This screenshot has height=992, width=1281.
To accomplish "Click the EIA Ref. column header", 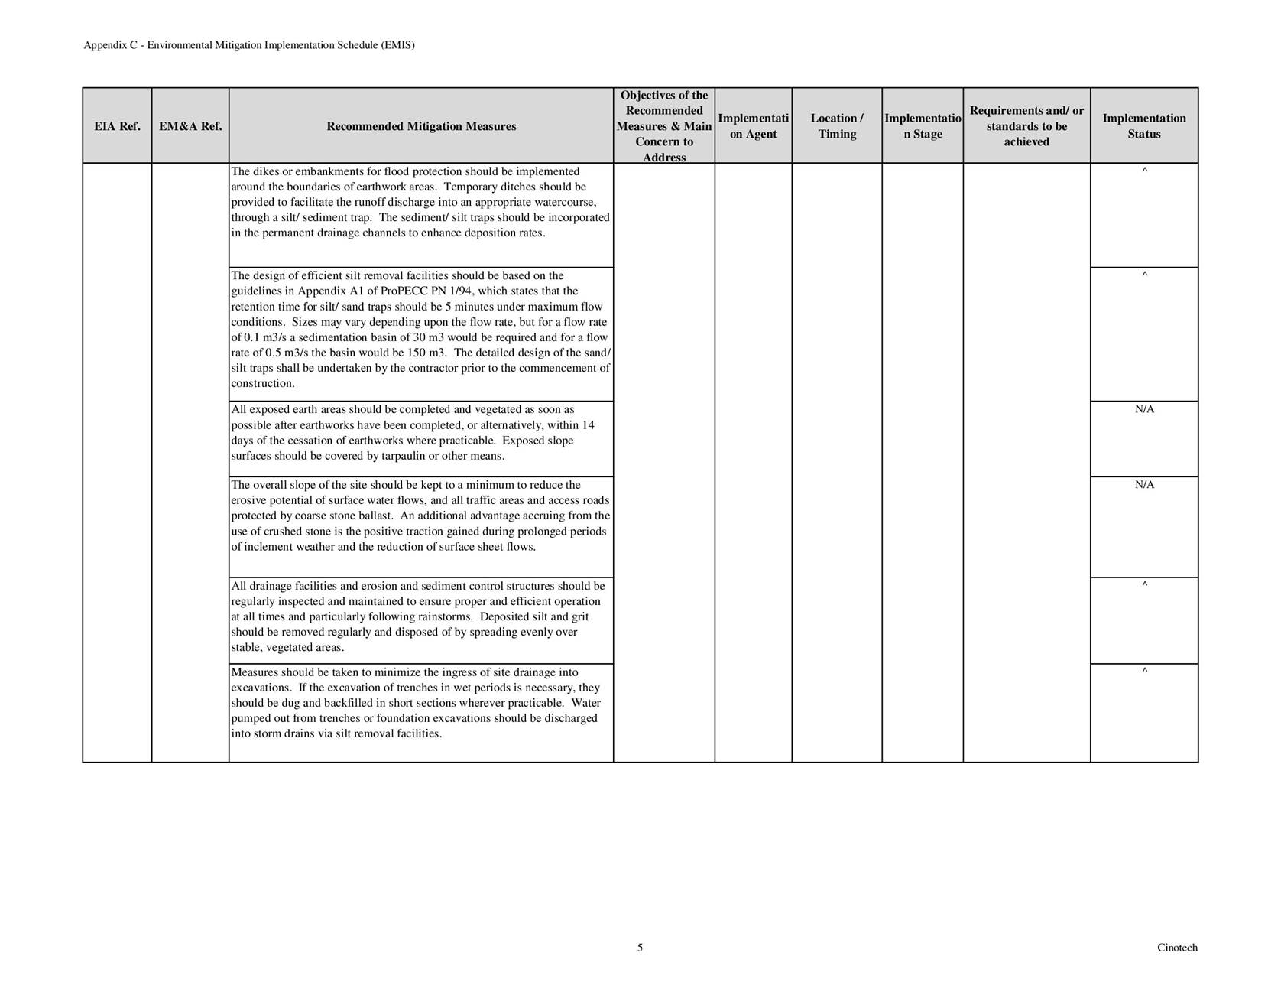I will click(x=117, y=126).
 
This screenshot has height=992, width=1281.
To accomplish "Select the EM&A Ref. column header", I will click(x=190, y=126).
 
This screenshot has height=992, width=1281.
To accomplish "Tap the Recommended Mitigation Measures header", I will click(x=421, y=126).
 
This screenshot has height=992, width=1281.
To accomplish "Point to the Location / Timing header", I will click(x=837, y=126).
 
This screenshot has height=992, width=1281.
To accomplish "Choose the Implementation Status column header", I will click(x=1144, y=126).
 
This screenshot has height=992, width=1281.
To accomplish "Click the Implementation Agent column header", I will click(x=753, y=126).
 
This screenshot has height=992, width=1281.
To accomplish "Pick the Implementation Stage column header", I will click(x=923, y=126).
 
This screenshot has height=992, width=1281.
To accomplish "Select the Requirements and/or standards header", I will click(x=1026, y=126).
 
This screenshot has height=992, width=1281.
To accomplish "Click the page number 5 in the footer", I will click(x=640, y=948).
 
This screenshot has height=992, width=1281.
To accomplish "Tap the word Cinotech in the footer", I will click(x=1177, y=948).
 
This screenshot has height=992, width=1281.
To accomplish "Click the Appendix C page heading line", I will click(x=249, y=45).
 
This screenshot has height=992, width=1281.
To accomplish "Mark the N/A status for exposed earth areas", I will click(x=1144, y=409).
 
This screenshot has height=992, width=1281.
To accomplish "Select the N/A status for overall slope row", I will click(x=1144, y=485).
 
